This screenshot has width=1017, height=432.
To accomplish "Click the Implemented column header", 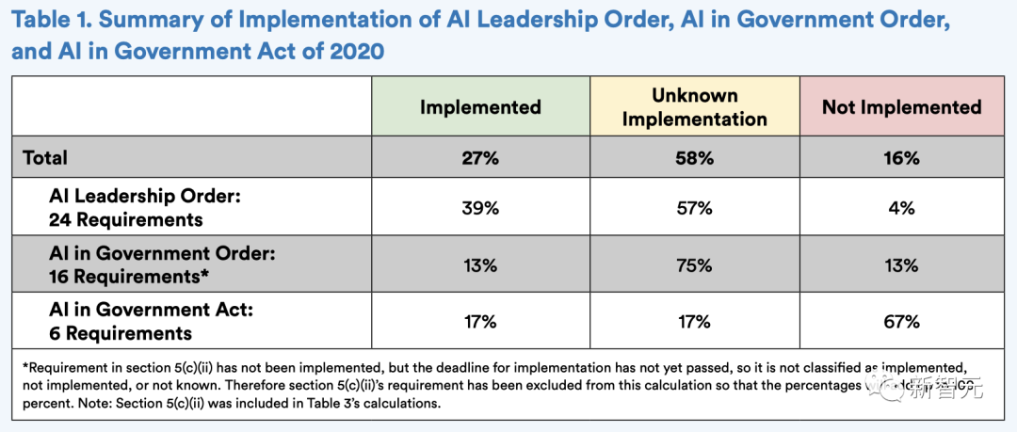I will coord(480,106).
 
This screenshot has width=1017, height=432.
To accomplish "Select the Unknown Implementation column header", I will coord(695,106).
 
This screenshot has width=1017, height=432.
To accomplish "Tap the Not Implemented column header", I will coord(901,106).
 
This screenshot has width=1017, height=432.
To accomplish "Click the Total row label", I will coord(45,158).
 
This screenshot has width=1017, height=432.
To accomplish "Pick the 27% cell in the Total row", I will coord(480,158).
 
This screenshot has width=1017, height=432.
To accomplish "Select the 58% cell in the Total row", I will coord(695,158).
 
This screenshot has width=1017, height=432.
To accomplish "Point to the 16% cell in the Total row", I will coord(901,158).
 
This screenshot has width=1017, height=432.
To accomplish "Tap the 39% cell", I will coord(480,209).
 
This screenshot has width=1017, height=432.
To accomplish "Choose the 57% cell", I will coord(695,209).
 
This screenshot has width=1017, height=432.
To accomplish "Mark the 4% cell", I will coord(901,209).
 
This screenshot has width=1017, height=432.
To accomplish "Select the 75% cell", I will coord(695,265).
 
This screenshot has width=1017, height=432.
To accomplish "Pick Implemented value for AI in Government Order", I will coord(480,265).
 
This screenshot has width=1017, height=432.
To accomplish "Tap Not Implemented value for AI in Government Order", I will coord(901,265).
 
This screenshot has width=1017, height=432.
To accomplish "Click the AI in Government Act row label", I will coord(133,322).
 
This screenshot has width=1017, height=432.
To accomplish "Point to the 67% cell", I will coord(901,322).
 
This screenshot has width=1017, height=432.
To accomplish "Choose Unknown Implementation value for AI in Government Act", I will coord(695,322).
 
